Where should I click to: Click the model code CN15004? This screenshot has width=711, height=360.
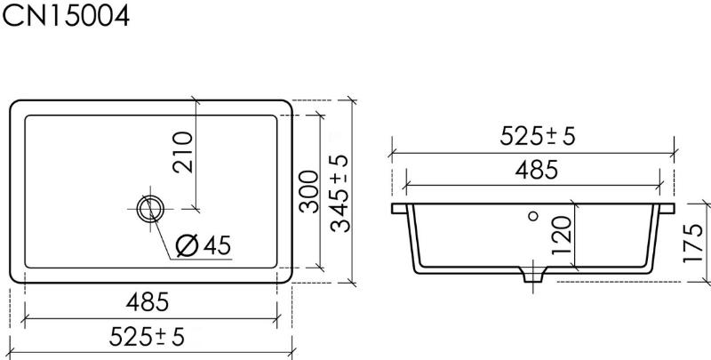click(66, 15)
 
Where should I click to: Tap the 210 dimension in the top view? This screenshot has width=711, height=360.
click(183, 152)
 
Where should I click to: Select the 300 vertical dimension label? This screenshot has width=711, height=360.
click(309, 191)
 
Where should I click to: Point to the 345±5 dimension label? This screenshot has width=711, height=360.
click(340, 194)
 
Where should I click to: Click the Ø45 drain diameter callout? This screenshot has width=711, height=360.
click(204, 245)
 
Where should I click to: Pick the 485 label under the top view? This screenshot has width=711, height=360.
click(148, 302)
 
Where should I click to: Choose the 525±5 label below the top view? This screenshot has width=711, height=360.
click(147, 337)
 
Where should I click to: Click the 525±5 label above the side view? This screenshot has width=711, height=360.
click(538, 136)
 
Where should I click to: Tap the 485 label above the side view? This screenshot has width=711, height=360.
click(537, 171)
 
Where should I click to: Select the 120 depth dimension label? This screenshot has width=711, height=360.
click(562, 236)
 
